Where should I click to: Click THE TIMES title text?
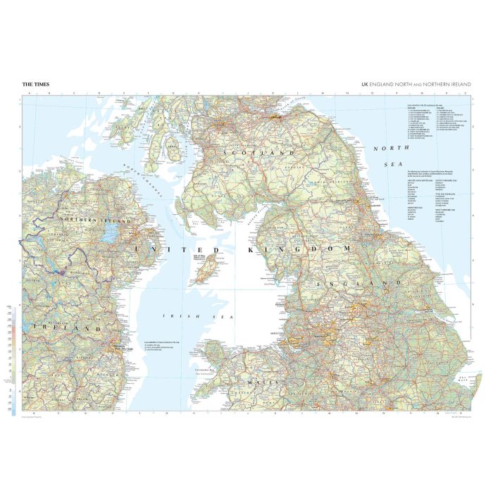(x=36, y=85)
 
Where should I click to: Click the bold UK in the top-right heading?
(x=365, y=85)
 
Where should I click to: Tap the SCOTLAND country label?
(x=258, y=152)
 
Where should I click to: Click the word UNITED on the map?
(x=167, y=249)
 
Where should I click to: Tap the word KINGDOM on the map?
(x=299, y=249)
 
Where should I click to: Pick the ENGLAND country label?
(x=353, y=282)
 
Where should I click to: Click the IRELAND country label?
(x=68, y=329)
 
